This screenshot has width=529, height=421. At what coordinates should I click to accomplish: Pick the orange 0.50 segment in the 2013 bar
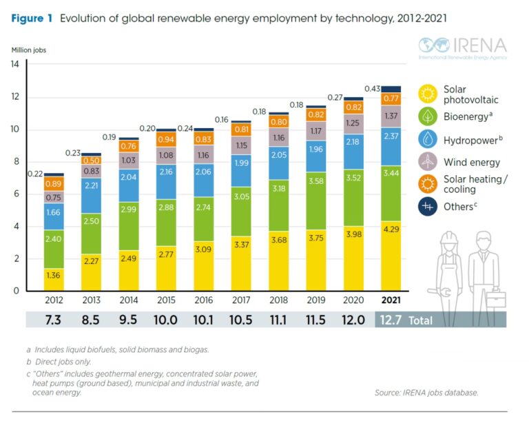(92, 161)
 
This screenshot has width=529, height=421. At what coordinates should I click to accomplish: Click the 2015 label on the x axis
(166, 301)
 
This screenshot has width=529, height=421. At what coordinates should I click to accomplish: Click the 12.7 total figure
(391, 319)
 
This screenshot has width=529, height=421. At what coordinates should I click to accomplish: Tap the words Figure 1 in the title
(32, 19)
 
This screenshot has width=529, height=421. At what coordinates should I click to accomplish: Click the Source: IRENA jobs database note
(426, 392)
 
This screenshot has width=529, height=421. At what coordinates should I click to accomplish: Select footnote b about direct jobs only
(59, 362)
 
